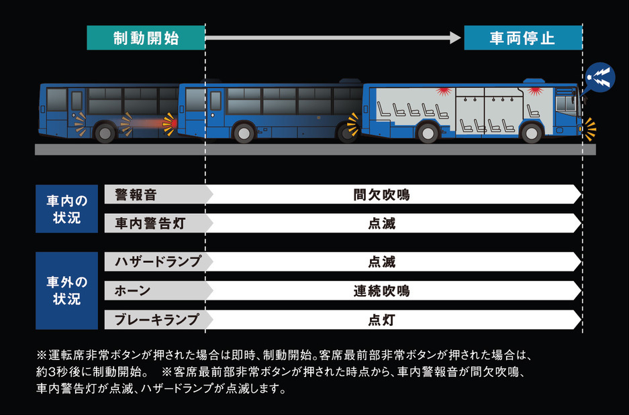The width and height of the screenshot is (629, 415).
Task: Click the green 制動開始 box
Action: (x=146, y=38)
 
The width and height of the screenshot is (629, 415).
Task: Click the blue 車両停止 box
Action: (x=523, y=38)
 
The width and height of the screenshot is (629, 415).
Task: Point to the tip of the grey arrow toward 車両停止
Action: (x=461, y=38)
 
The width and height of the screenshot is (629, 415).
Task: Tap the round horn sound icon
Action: (x=599, y=78)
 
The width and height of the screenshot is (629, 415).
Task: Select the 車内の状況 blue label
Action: (x=66, y=209)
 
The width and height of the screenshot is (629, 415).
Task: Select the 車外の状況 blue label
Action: (x=66, y=290)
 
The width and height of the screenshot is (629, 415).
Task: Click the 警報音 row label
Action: (x=136, y=194)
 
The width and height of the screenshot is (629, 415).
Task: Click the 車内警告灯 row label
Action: (x=150, y=223)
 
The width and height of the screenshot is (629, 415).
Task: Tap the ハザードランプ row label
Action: (x=157, y=261)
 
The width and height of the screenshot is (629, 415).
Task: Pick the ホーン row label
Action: (x=132, y=290)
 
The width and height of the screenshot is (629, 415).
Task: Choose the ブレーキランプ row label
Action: (x=157, y=319)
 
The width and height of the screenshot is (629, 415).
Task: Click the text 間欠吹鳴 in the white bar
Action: (x=381, y=194)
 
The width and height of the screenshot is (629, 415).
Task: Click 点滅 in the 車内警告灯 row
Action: (x=381, y=223)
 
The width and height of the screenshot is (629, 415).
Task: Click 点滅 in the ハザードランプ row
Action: (x=381, y=261)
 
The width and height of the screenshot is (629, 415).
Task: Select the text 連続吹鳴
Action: (x=381, y=290)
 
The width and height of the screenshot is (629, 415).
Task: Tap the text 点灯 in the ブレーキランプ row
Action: (x=381, y=320)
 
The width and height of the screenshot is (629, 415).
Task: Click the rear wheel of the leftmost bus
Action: (x=105, y=132)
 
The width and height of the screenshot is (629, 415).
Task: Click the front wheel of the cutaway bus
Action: (x=531, y=132)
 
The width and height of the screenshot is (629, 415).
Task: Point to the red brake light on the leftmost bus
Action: (x=170, y=124)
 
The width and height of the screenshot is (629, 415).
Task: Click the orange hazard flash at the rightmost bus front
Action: (x=590, y=129)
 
